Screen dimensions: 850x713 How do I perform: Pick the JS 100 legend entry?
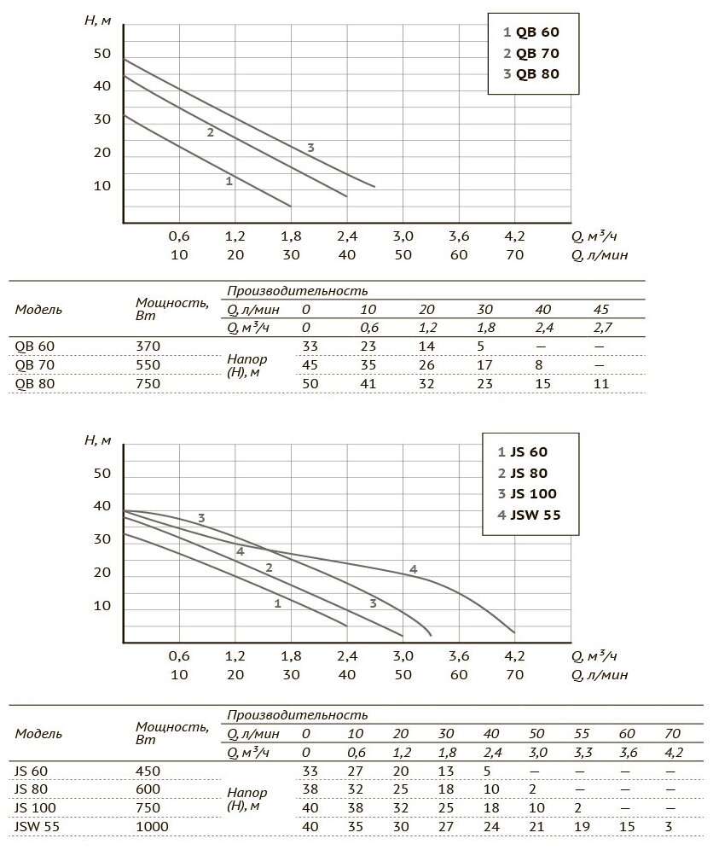[528, 493]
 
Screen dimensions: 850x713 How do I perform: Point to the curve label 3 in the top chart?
[310, 148]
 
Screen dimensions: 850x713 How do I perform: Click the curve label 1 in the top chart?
[229, 181]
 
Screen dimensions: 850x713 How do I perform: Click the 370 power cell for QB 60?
[148, 346]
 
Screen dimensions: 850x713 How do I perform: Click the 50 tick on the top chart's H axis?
[102, 54]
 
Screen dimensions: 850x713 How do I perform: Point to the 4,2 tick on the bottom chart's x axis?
[515, 656]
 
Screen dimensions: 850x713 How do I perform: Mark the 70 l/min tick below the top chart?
[515, 254]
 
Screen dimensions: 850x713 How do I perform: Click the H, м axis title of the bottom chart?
[98, 440]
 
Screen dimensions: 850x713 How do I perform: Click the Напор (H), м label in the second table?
[249, 798]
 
